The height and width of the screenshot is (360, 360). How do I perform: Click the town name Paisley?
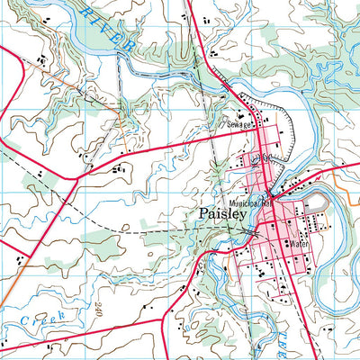coord(218,216)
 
